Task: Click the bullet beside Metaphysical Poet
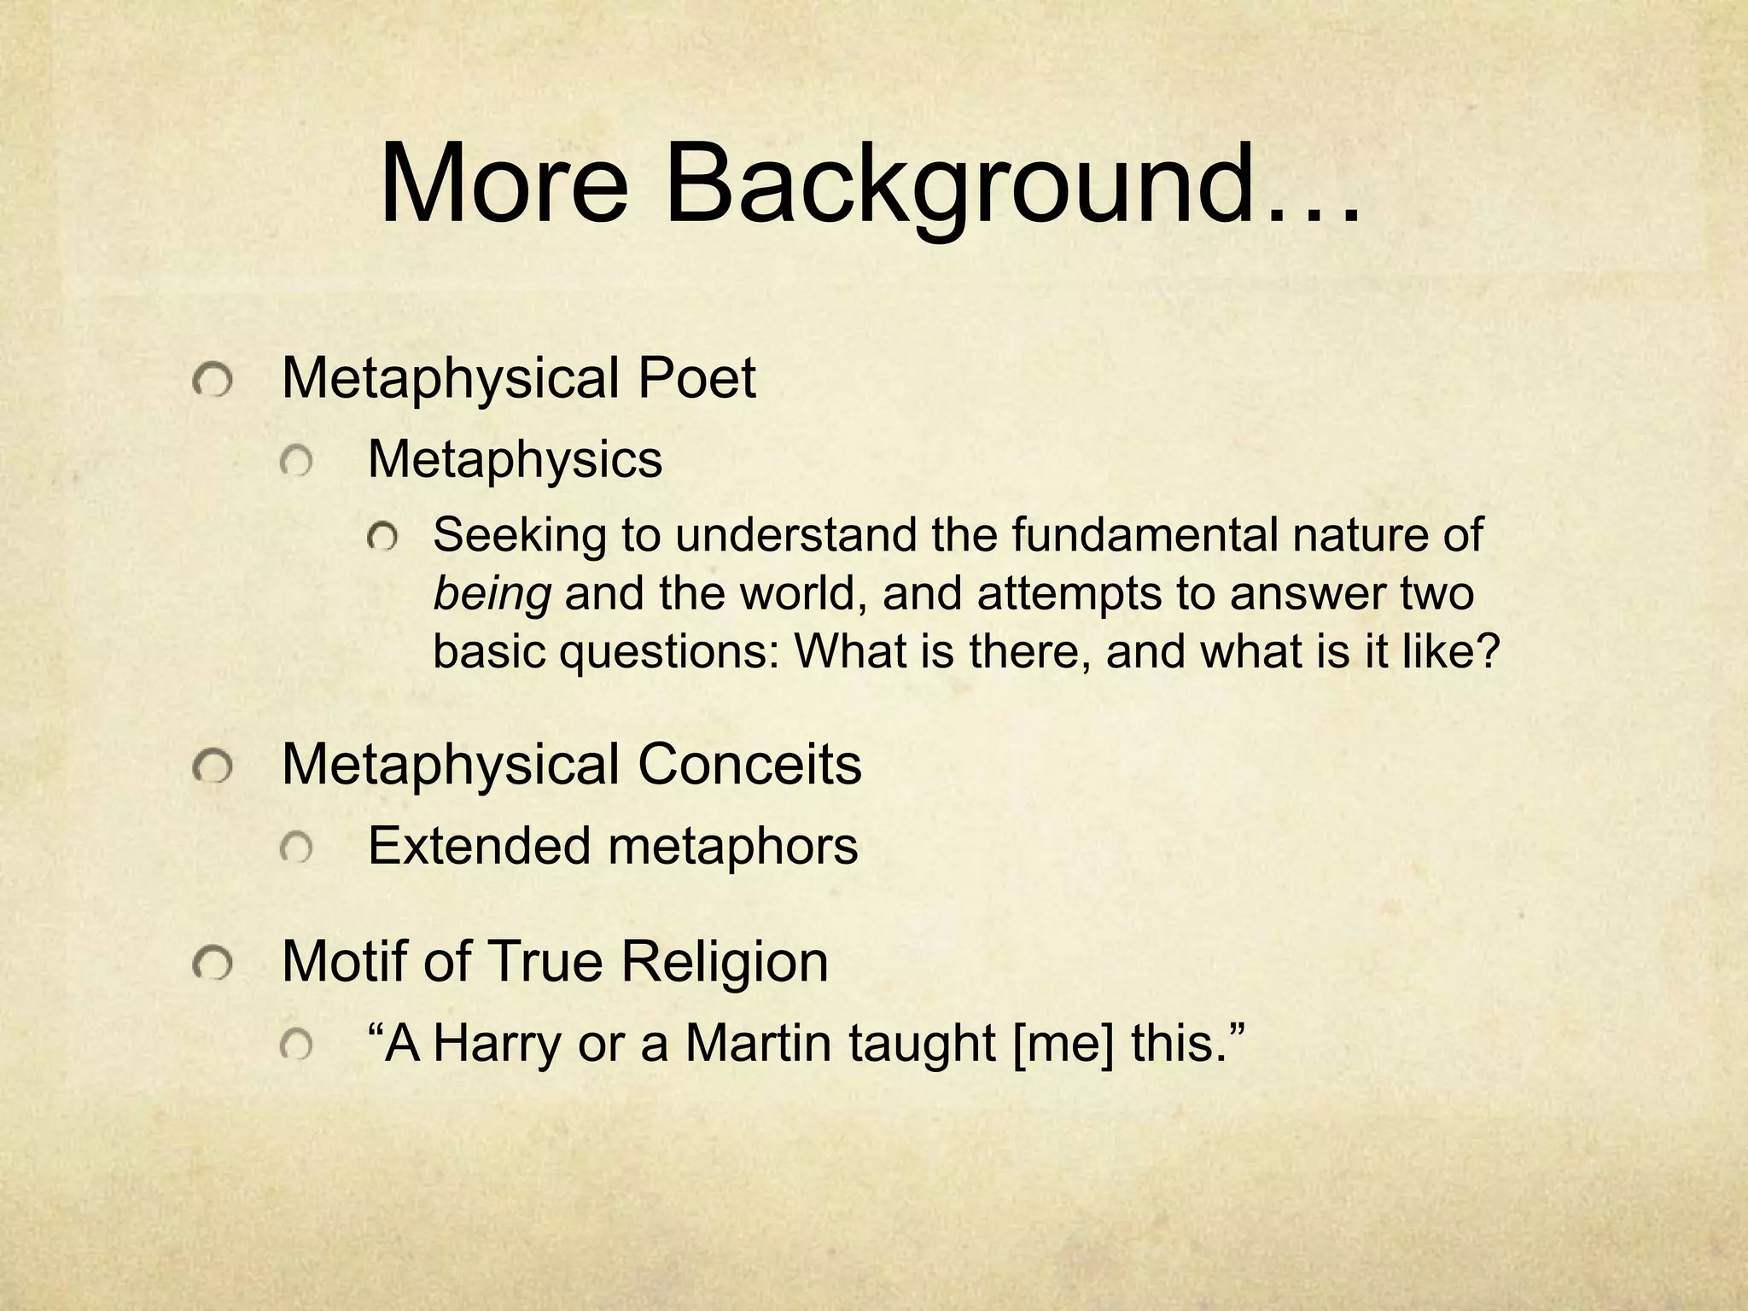coord(212,381)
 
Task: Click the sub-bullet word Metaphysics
coord(515,460)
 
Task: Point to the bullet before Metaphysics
coord(296,463)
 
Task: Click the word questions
coord(669,651)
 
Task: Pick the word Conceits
coord(749,765)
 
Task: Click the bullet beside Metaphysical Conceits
coord(212,768)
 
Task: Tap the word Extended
coord(479,846)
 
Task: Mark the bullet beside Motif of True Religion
coord(212,965)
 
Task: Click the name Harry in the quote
coord(497,1044)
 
